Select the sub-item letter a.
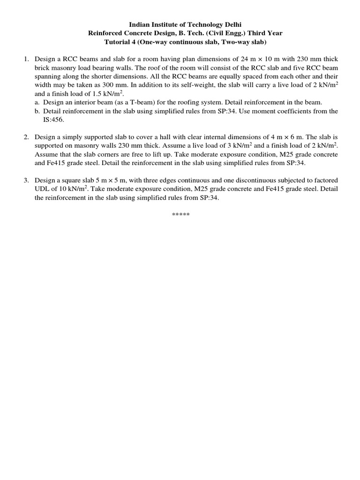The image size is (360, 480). (38, 102)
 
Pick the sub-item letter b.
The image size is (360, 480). (38, 111)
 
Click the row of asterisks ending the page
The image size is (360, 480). (180, 215)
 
